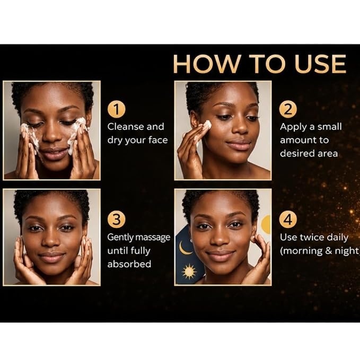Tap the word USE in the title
(x=320, y=64)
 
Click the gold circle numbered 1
(x=117, y=109)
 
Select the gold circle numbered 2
(x=288, y=109)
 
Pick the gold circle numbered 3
(x=117, y=219)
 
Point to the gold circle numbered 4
(x=288, y=219)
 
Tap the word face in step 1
(x=158, y=140)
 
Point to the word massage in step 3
(x=155, y=238)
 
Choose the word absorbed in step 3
(x=129, y=264)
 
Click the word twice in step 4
(x=311, y=237)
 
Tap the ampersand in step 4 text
(x=329, y=251)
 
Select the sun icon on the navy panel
(x=189, y=271)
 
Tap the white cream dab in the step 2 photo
(x=207, y=125)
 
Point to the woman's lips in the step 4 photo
(x=220, y=255)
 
